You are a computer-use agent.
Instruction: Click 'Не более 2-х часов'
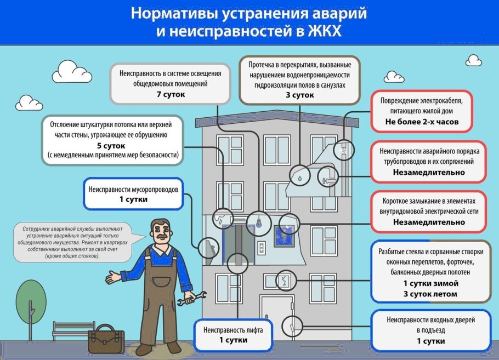click(x=422, y=122)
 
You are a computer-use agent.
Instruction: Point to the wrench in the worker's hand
click(x=197, y=296)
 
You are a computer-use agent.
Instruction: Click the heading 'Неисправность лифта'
click(x=233, y=330)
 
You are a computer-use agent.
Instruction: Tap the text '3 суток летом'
click(x=430, y=294)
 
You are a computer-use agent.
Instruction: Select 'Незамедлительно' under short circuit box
click(x=428, y=222)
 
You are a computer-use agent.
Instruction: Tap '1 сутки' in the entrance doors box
click(x=430, y=341)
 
